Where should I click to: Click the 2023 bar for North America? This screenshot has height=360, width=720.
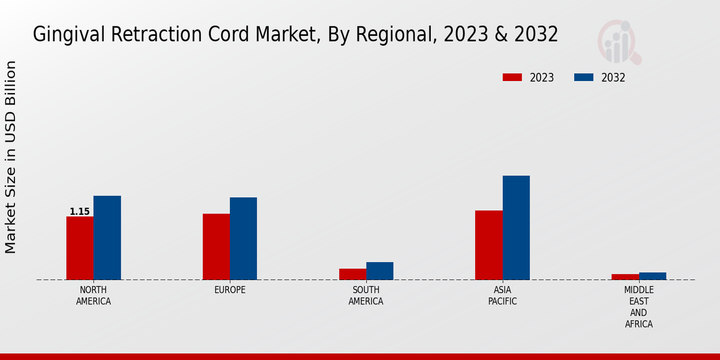80,248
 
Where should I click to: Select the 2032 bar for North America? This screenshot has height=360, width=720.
107,238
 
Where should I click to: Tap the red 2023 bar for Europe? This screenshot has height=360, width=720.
216,247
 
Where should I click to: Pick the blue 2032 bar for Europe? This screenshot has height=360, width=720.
243,238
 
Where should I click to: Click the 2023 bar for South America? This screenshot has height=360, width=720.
352,274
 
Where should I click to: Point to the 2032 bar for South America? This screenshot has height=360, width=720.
380,271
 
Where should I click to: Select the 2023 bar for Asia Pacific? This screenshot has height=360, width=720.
488,245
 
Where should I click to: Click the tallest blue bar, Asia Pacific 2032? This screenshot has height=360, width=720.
516,227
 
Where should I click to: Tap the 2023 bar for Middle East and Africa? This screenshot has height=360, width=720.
625,277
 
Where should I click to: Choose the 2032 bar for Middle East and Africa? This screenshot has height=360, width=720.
652,276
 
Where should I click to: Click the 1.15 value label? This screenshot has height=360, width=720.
80,211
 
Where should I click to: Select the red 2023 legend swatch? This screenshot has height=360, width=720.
512,77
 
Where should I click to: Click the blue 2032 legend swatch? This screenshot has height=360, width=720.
584,77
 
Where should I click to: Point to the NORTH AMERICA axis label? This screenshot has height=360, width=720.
94,296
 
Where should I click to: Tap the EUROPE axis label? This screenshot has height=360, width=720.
230,290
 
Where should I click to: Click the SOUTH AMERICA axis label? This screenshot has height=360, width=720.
366,296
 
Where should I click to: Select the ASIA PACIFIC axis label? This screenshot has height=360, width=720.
502,296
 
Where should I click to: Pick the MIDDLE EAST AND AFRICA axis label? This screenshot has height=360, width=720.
638,307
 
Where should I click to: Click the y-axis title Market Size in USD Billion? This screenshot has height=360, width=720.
11,157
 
